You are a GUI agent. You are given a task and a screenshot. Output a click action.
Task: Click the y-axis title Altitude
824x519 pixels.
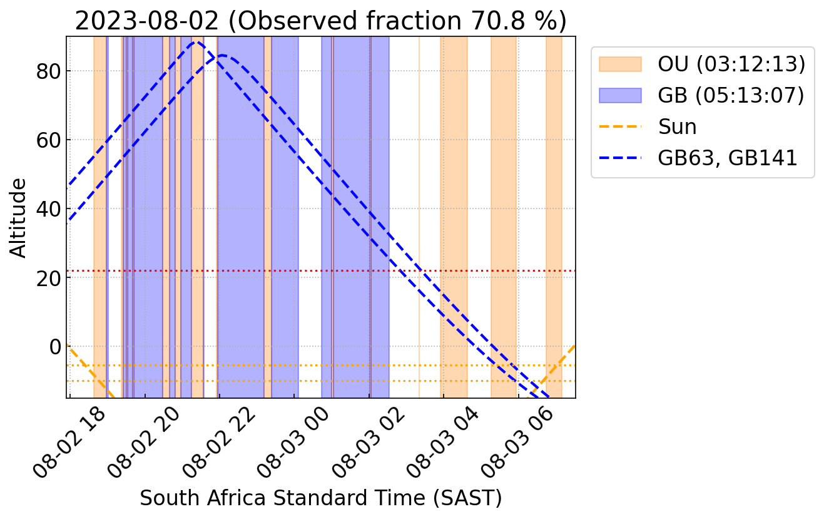pyautogui.click(x=19, y=217)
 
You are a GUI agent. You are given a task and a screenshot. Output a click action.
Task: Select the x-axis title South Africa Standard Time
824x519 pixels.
pyautogui.click(x=320, y=498)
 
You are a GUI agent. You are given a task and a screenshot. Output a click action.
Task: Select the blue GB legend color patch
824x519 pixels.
pyautogui.click(x=620, y=95)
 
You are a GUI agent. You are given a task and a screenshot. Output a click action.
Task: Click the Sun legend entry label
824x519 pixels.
pyautogui.click(x=677, y=126)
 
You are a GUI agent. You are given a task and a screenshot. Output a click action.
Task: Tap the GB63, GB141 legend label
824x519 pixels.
pyautogui.click(x=728, y=158)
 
